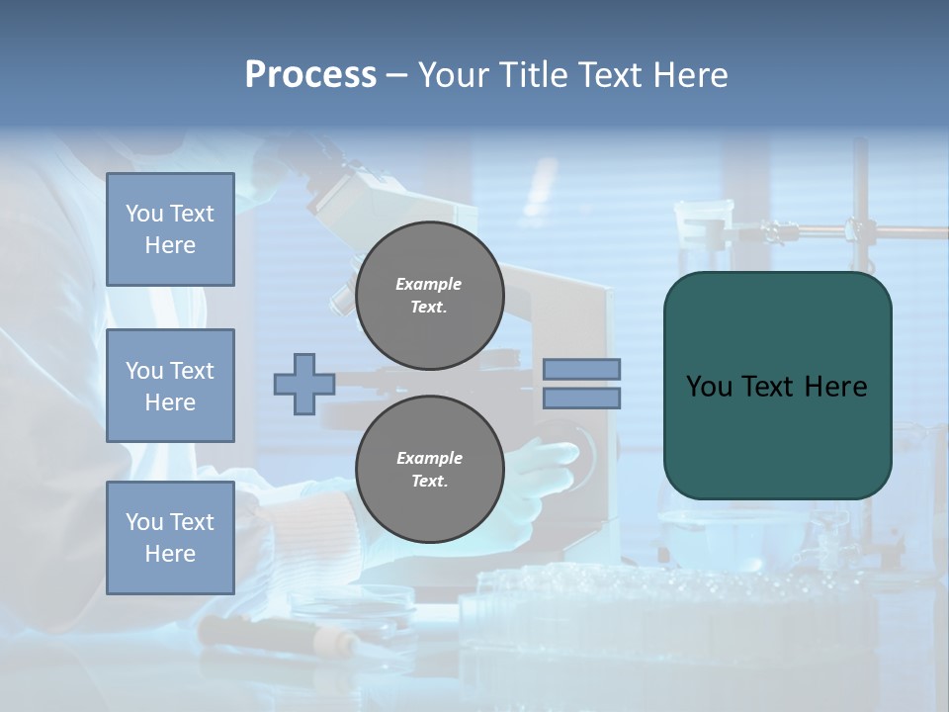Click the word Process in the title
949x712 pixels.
[x=310, y=75]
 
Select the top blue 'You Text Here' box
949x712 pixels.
[x=170, y=229]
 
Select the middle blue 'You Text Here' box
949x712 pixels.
[x=170, y=386]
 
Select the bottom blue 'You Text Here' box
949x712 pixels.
[x=170, y=537]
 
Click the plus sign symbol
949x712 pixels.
[x=303, y=384]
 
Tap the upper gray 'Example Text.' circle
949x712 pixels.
[x=429, y=295]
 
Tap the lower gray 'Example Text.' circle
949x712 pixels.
[x=429, y=469]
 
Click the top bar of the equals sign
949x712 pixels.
[x=581, y=369]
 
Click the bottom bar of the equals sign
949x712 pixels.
[x=581, y=398]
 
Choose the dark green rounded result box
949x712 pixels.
[x=777, y=435]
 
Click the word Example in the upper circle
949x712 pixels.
[x=428, y=284]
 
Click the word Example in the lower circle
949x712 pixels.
[x=429, y=458]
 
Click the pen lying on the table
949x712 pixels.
[x=277, y=633]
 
